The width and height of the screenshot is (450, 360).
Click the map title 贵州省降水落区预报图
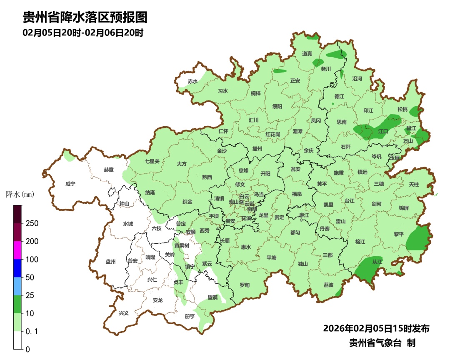(x=85, y=17)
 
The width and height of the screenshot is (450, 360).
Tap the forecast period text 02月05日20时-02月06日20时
(x=83, y=32)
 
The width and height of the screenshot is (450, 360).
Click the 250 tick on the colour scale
(x=32, y=223)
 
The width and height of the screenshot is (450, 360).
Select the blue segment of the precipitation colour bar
(x=17, y=268)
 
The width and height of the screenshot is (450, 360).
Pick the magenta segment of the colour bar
(x=17, y=250)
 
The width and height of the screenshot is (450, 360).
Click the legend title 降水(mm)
(x=20, y=194)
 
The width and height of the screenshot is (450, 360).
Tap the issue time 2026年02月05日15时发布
(x=376, y=328)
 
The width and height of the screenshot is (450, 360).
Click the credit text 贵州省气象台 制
(x=382, y=343)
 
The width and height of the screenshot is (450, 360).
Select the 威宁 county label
(x=71, y=184)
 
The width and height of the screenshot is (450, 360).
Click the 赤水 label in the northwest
(x=192, y=82)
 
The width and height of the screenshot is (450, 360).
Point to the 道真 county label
(x=307, y=54)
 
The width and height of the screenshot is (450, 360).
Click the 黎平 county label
(x=399, y=234)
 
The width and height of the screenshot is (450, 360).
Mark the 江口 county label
(x=383, y=131)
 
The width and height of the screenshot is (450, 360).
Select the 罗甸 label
(x=245, y=285)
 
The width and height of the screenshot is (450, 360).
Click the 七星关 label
(x=152, y=161)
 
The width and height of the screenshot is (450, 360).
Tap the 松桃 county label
(x=402, y=109)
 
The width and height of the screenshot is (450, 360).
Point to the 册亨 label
(x=190, y=317)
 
